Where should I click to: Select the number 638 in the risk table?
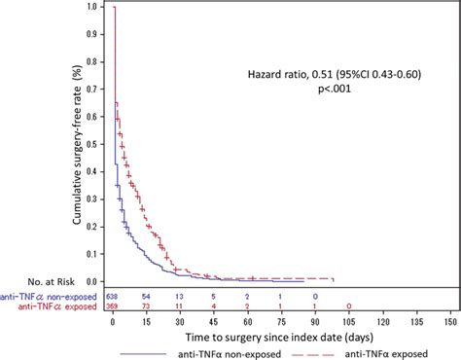coord(114,294)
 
